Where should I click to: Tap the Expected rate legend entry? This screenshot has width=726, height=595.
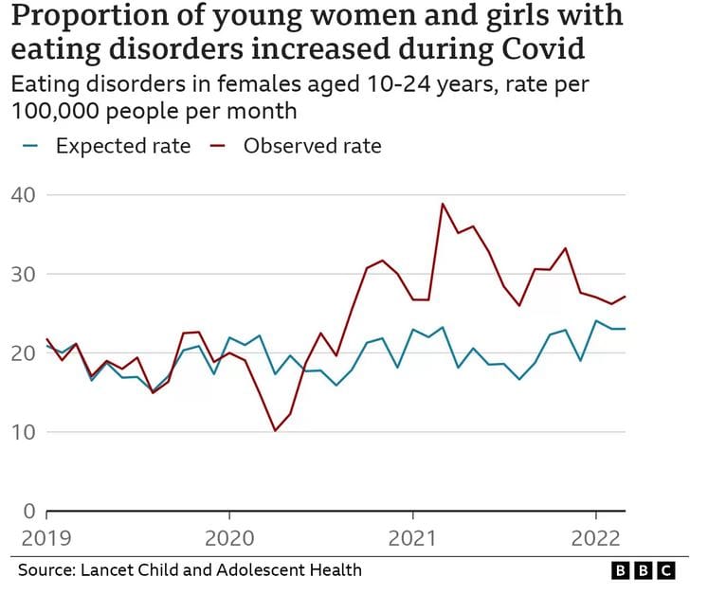121,146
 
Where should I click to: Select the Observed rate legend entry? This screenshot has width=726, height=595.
312,146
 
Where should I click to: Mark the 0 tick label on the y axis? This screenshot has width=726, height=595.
28,512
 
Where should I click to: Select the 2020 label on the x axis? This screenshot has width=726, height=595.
229,539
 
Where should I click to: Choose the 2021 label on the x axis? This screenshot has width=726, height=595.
412,539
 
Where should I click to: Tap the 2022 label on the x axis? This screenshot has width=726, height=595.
594,539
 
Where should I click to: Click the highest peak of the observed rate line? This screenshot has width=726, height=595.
442,204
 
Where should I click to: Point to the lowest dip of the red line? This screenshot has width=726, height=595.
275,431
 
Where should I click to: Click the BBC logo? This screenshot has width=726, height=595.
643,570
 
